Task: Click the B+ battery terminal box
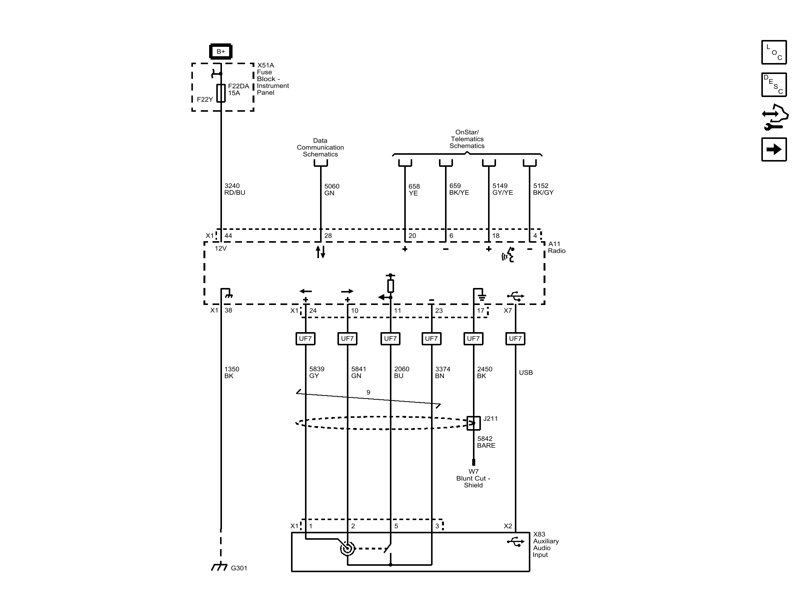point(221,51)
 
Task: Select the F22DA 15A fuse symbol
point(221,93)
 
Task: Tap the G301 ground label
point(239,568)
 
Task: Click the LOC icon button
point(774,52)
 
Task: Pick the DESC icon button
point(774,85)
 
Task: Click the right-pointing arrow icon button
point(774,149)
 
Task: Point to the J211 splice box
point(474,423)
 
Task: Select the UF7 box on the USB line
point(515,339)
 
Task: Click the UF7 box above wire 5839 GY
point(305,339)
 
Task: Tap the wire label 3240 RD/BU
point(235,189)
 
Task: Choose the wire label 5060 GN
point(332,189)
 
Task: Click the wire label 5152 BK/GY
point(543,189)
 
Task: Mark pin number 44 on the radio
point(228,236)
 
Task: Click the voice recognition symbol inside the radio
point(508,255)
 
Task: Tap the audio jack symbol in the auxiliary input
point(347,548)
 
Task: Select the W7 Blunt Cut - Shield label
point(473,478)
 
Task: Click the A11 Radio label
point(557,247)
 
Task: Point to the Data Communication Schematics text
point(320,147)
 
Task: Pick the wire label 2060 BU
point(402,372)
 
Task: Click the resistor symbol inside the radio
point(391,286)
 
